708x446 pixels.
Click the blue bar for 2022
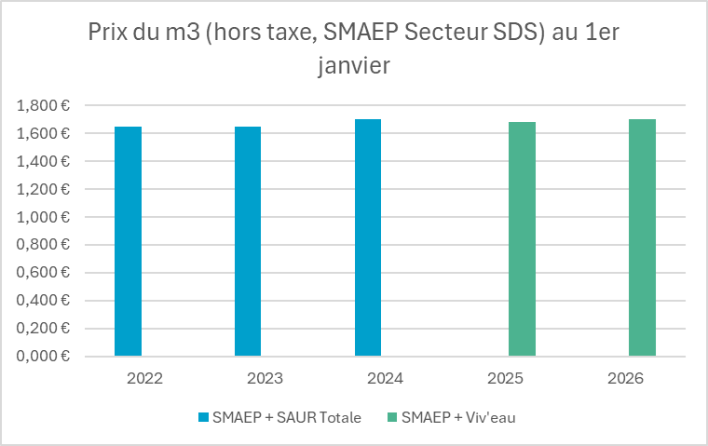[x=129, y=241]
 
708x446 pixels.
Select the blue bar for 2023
[x=248, y=241]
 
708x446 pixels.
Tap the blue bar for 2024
[x=368, y=237]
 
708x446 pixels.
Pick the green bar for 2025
[x=522, y=239]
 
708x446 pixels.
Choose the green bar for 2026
[x=642, y=237]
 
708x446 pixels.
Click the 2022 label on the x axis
[x=144, y=380]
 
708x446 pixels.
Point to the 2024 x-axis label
[x=384, y=380]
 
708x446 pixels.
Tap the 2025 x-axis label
[x=506, y=380]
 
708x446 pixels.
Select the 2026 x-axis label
[x=626, y=380]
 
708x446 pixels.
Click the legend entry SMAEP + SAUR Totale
[x=286, y=417]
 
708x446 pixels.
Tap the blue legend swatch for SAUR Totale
[x=203, y=417]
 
